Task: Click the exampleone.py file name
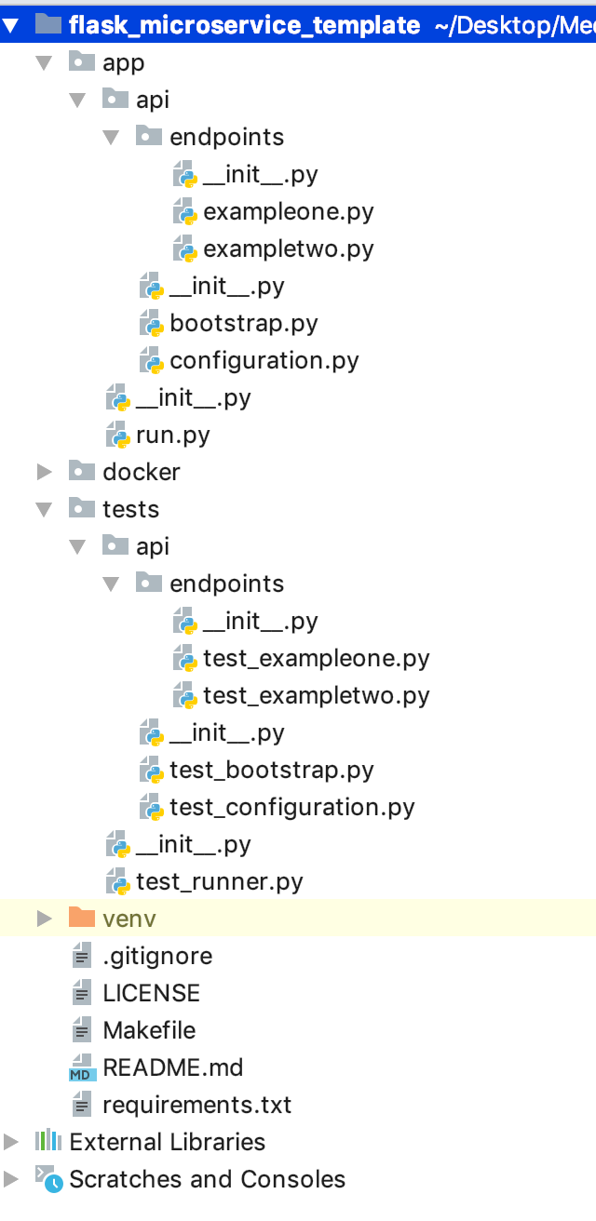(288, 211)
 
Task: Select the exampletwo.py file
(288, 248)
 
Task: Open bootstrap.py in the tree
(243, 323)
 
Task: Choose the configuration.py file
(264, 360)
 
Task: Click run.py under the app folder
(172, 435)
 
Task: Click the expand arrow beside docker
(44, 472)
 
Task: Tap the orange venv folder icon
(82, 919)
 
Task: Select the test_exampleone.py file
(316, 658)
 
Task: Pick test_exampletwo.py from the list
(316, 695)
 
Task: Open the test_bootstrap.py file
(271, 770)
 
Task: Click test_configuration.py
(291, 807)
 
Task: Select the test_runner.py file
(219, 881)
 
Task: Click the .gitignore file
(156, 956)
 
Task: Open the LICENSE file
(151, 993)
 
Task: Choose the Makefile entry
(149, 1030)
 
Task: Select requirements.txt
(196, 1105)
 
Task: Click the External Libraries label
(167, 1142)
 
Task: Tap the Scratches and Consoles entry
(207, 1179)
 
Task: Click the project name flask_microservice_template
(244, 25)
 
